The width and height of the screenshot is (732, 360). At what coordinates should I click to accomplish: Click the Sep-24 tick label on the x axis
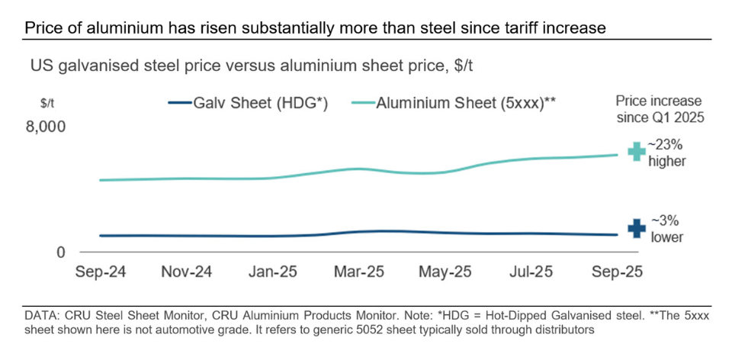tap(100, 272)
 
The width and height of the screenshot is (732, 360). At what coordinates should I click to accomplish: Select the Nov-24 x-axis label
tap(187, 272)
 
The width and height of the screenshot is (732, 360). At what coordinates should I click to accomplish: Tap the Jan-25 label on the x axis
tap(272, 272)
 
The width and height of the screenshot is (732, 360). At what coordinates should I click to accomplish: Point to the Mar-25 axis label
tap(358, 272)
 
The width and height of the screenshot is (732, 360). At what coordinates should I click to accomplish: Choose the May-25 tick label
tap(446, 272)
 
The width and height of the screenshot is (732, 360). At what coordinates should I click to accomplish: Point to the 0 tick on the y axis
tap(63, 252)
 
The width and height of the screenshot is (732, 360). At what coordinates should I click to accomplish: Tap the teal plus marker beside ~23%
tap(636, 152)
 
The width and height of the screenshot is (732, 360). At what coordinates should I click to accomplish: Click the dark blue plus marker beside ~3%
tap(636, 228)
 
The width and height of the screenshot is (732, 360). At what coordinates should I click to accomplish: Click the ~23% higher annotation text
tap(667, 152)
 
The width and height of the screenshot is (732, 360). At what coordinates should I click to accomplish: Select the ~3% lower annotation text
tap(666, 229)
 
